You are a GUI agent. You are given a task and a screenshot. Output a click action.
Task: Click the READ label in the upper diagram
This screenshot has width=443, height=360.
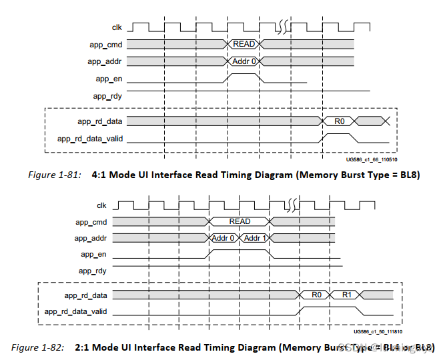[244, 44]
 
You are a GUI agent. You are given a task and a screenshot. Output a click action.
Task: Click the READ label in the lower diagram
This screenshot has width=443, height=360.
[240, 221]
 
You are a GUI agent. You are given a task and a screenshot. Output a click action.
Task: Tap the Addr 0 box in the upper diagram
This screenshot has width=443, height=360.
[244, 61]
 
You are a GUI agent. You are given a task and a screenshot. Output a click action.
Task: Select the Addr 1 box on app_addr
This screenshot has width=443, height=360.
[255, 238]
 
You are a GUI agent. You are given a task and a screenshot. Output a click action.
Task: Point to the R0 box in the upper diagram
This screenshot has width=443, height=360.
[339, 121]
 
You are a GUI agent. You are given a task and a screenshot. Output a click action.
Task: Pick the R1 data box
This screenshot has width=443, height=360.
[348, 295]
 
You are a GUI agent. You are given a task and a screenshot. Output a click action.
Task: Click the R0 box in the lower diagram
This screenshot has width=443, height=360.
[317, 295]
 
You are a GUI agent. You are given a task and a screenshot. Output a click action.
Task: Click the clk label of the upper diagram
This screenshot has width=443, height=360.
[116, 27]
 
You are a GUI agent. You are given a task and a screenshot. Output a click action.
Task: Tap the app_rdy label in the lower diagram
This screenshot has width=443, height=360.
[93, 271]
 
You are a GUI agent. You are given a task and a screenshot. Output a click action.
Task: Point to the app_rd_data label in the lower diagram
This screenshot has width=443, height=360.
[86, 295]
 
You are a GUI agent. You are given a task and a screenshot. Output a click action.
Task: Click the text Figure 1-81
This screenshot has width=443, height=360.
[53, 174]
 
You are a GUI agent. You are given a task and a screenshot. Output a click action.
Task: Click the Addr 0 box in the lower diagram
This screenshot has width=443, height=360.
[224, 238]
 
